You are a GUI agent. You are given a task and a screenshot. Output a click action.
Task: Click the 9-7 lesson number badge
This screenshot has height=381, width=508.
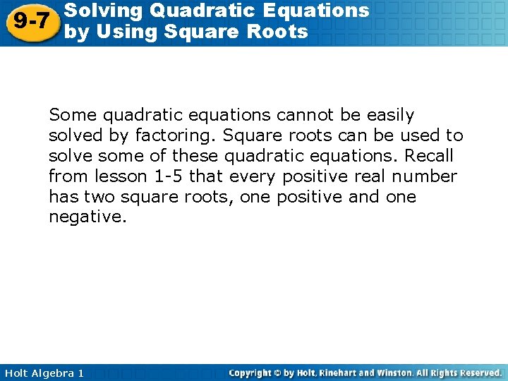31,21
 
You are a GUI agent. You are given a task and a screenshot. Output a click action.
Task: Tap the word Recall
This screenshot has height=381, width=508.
425,155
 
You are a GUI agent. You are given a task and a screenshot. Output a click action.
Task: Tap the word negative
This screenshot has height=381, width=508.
86,217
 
